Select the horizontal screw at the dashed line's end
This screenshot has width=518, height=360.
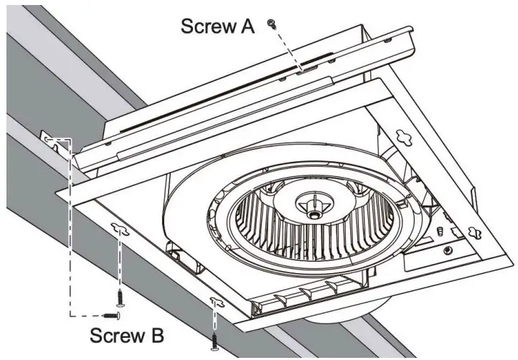coord(111,313)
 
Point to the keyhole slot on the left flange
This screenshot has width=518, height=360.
coord(119,229)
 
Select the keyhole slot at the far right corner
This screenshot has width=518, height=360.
coord(474,232)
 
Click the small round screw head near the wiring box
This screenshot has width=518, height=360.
coord(448,251)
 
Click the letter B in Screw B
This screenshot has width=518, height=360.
coord(156,335)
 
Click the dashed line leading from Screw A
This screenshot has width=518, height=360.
coord(287,47)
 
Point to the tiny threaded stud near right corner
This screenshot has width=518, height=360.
coord(438,231)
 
